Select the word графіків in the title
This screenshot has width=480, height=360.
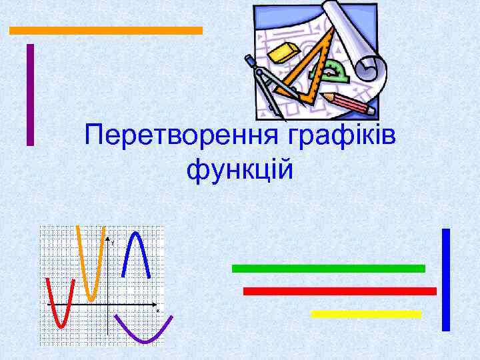click(341, 137)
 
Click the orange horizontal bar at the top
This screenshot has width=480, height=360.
click(105, 30)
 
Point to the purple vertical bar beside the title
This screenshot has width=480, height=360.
click(30, 94)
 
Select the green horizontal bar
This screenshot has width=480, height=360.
click(328, 268)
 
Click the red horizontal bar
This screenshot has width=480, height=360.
click(340, 291)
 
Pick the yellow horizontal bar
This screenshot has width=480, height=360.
click(366, 313)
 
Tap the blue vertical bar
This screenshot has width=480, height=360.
click(446, 279)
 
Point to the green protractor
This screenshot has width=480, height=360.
click(335, 71)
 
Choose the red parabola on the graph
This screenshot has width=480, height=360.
click(59, 313)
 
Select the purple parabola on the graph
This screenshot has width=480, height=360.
click(144, 333)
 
